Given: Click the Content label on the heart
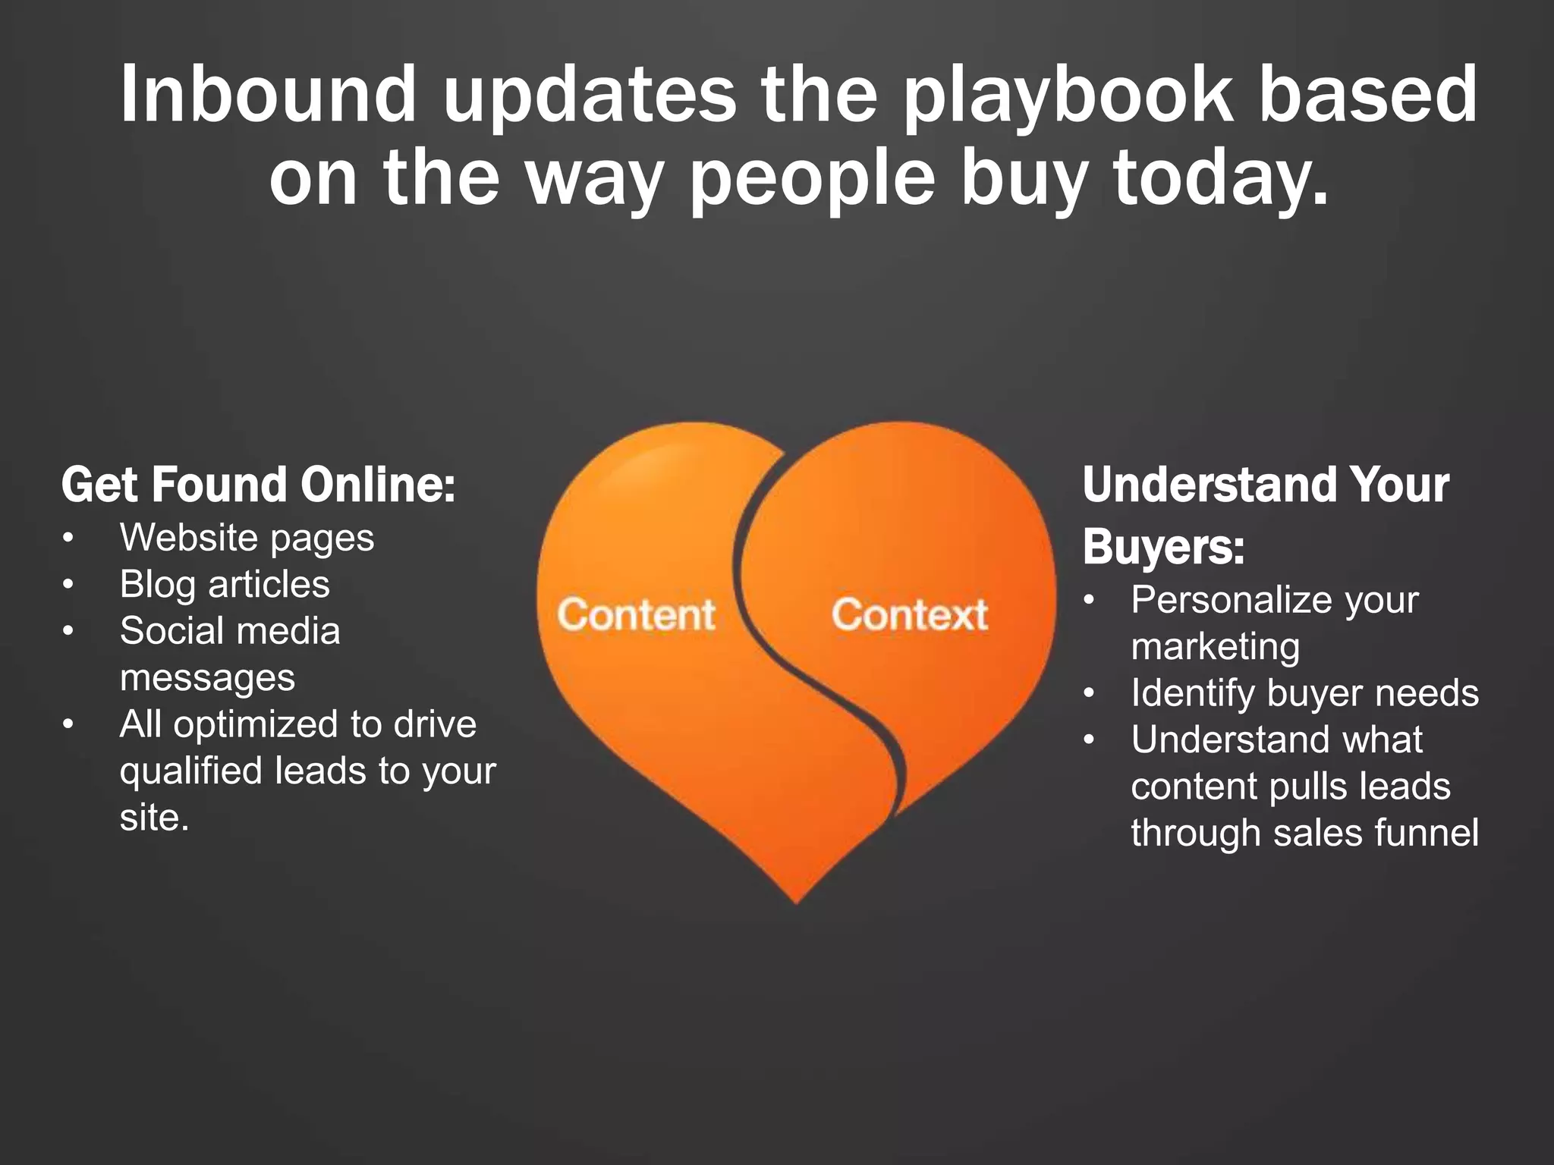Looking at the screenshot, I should coord(636,614).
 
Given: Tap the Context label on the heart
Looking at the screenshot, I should coord(910,614).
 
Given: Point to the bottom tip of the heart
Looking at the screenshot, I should coord(796,900).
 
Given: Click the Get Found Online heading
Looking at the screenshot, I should coord(258,485).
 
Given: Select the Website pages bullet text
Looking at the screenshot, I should coord(247,539).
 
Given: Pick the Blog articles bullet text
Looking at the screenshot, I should coord(225,585).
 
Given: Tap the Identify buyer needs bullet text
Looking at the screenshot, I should coord(1304,693).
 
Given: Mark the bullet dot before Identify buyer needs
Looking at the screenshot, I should coord(1090,693).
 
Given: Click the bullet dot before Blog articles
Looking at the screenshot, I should coord(68,585).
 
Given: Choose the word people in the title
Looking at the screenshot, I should coord(812,179).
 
